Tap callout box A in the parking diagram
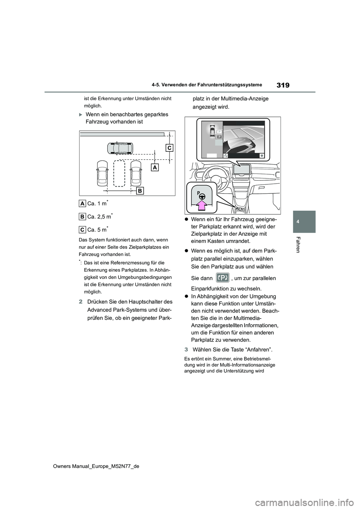click(x=155, y=167)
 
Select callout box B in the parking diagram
click(x=139, y=191)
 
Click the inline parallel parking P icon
click(x=223, y=278)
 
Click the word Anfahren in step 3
click(x=259, y=350)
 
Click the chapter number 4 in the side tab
click(x=304, y=222)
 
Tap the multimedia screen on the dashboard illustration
click(x=241, y=170)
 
